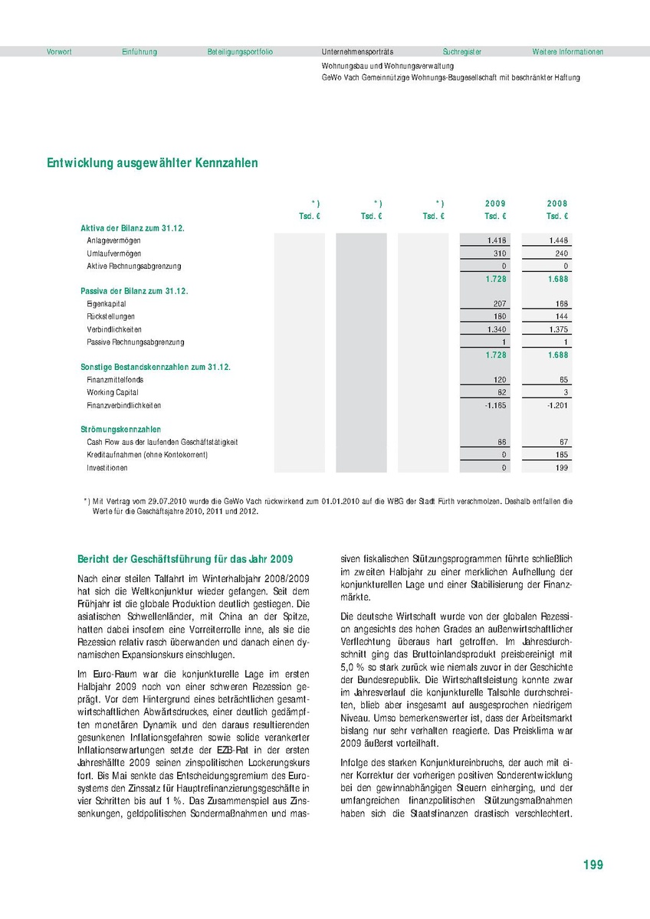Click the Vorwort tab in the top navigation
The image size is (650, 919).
tap(59, 52)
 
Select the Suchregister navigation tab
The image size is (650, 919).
tap(462, 52)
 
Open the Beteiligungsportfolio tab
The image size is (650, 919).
tap(240, 52)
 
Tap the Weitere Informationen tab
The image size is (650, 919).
tap(568, 52)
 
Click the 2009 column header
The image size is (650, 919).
tap(495, 204)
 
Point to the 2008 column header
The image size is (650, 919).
tap(557, 204)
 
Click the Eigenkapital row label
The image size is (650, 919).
tap(107, 304)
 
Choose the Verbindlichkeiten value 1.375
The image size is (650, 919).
tap(557, 329)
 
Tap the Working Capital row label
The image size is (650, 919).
tap(112, 392)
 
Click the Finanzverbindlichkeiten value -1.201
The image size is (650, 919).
tap(556, 405)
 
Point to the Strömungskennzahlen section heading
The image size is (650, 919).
tap(120, 430)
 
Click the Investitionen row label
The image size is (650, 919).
tap(107, 467)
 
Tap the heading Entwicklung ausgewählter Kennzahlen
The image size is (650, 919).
tap(153, 163)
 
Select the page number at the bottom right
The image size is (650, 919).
tap(593, 865)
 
